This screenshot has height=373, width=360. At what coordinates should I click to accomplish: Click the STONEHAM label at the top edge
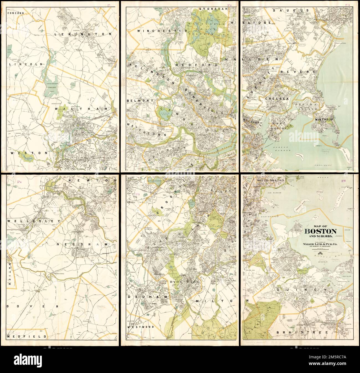click(213, 9)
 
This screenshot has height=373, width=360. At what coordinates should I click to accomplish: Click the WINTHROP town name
click(325, 120)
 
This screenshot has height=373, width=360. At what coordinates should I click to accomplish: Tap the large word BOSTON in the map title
click(321, 232)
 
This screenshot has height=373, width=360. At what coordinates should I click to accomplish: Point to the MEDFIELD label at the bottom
click(27, 337)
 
